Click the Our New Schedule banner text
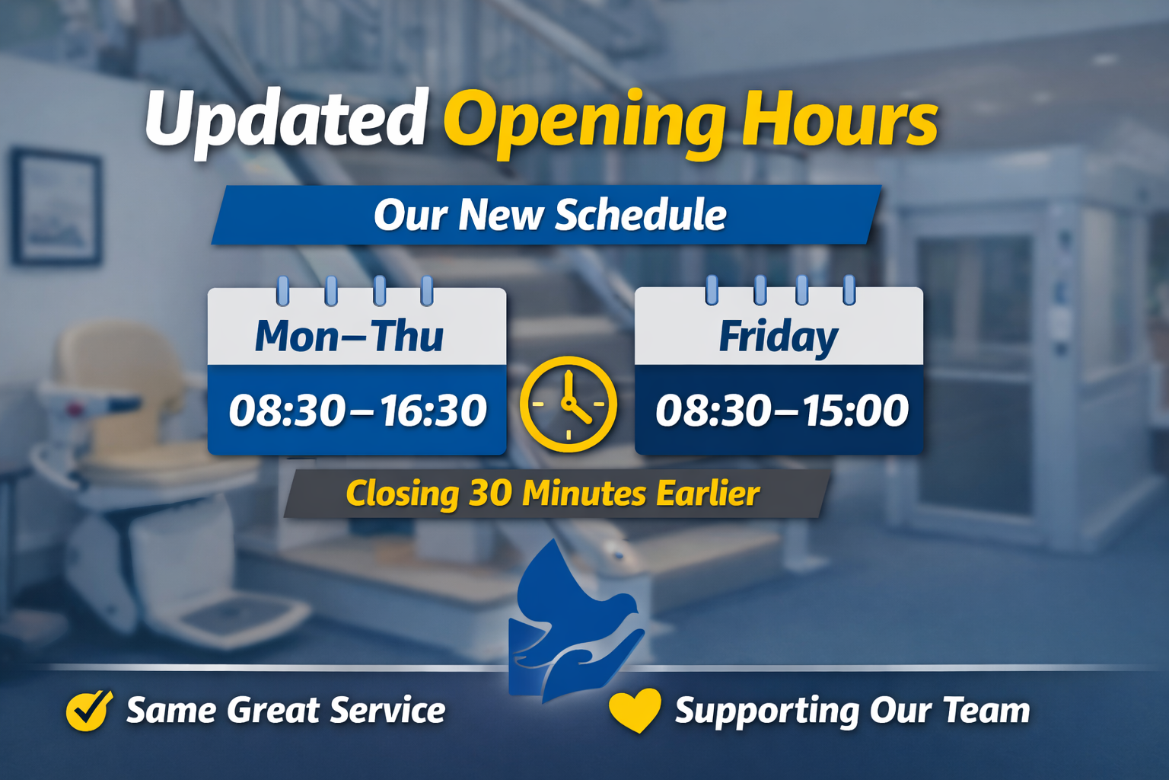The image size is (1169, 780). pos(550,215)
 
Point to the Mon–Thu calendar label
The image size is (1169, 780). pos(349,335)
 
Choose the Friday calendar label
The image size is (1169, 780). pos(778,337)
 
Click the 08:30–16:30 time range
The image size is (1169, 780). pos(358,410)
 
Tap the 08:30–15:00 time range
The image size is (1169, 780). pos(782,410)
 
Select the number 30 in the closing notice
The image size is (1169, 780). pos(490,493)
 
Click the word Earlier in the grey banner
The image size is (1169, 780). pos(708,493)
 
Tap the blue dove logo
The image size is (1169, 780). pos(574,622)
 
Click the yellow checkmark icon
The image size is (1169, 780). pos(89,711)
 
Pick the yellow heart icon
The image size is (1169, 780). pos(635,711)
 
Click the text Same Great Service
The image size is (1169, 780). pos(286,711)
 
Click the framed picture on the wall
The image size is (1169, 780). pos(56,207)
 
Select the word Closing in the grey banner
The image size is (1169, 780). pos(403,494)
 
